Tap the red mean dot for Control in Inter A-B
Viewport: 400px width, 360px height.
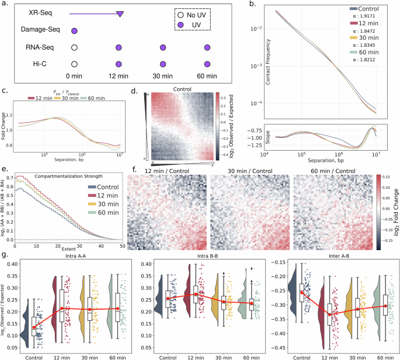[302, 293]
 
